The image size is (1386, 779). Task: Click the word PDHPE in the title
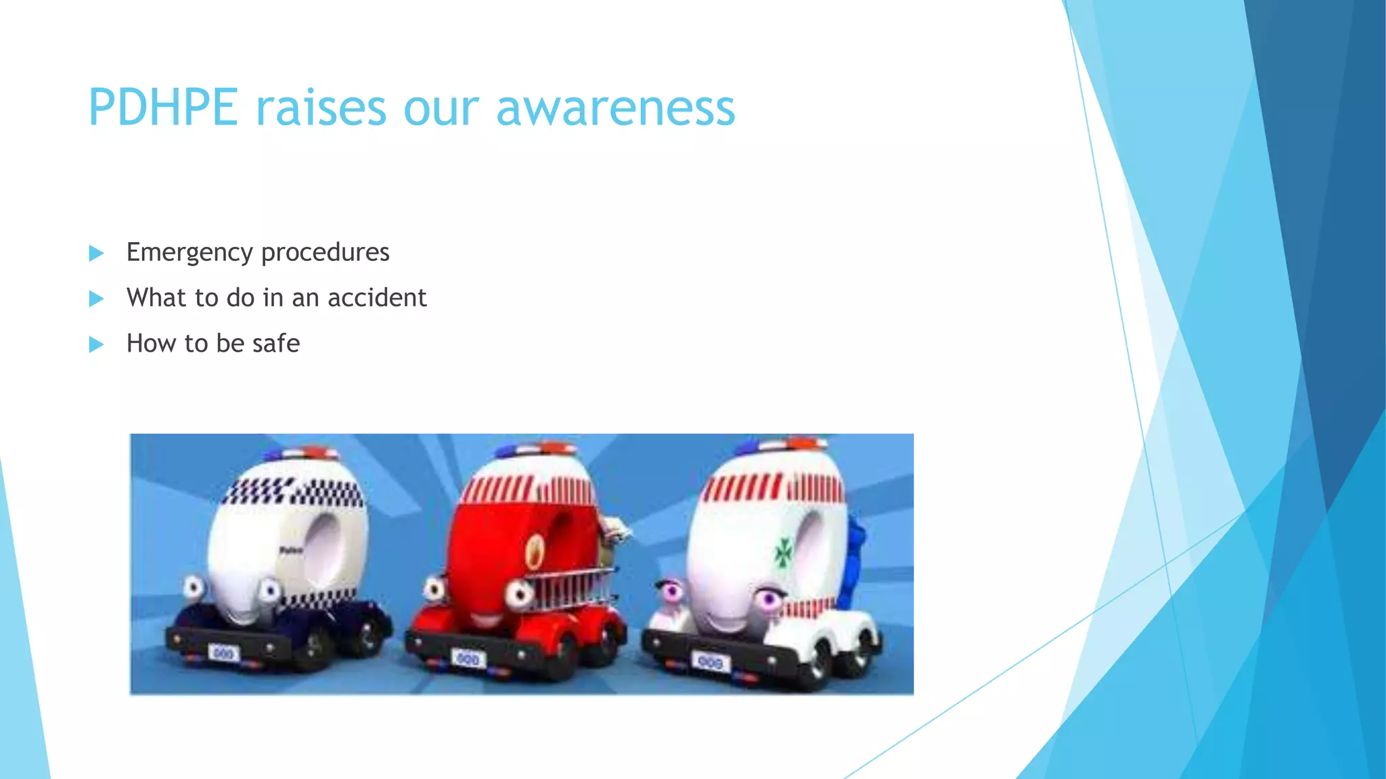[x=163, y=108]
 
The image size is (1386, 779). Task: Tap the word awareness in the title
[x=615, y=108]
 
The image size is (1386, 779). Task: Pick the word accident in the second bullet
[x=377, y=298]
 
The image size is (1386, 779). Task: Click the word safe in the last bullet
[x=275, y=344]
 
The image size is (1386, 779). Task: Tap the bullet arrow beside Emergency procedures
[x=97, y=254]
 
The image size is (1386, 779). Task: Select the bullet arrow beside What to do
[x=97, y=298]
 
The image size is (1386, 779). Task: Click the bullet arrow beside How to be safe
[x=97, y=344]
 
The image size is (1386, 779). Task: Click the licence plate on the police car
[x=224, y=653]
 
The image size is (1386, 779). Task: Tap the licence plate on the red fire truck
[x=468, y=658]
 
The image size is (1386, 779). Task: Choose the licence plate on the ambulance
[x=709, y=662]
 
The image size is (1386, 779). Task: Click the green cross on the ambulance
[x=784, y=553]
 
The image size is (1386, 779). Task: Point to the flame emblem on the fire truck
[x=535, y=550]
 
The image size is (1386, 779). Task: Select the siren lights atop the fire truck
[x=535, y=448]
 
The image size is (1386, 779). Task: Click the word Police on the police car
[x=291, y=550]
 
